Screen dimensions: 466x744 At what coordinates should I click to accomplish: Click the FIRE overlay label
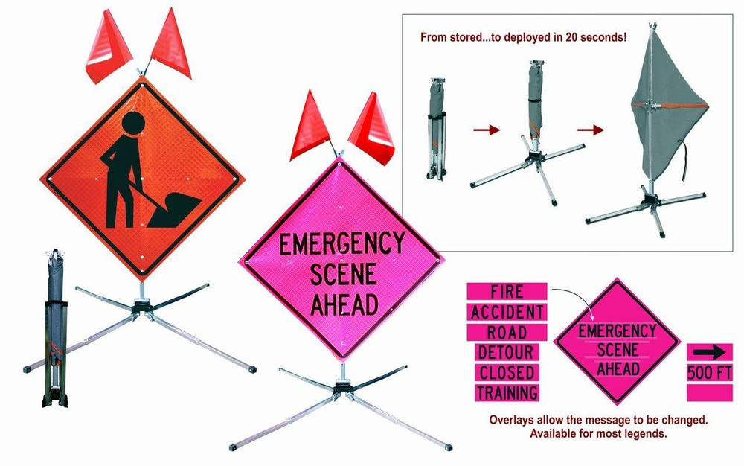(x=507, y=291)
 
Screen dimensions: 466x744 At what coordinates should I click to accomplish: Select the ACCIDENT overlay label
(x=507, y=312)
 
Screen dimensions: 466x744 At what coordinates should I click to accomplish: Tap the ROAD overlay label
(x=507, y=332)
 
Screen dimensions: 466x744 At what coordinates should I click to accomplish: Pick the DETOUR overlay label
(x=507, y=352)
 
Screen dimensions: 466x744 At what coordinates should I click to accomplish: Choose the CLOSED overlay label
(x=507, y=372)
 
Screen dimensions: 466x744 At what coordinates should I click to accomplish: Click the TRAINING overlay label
(x=507, y=392)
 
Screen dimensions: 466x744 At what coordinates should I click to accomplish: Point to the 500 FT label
(x=709, y=372)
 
